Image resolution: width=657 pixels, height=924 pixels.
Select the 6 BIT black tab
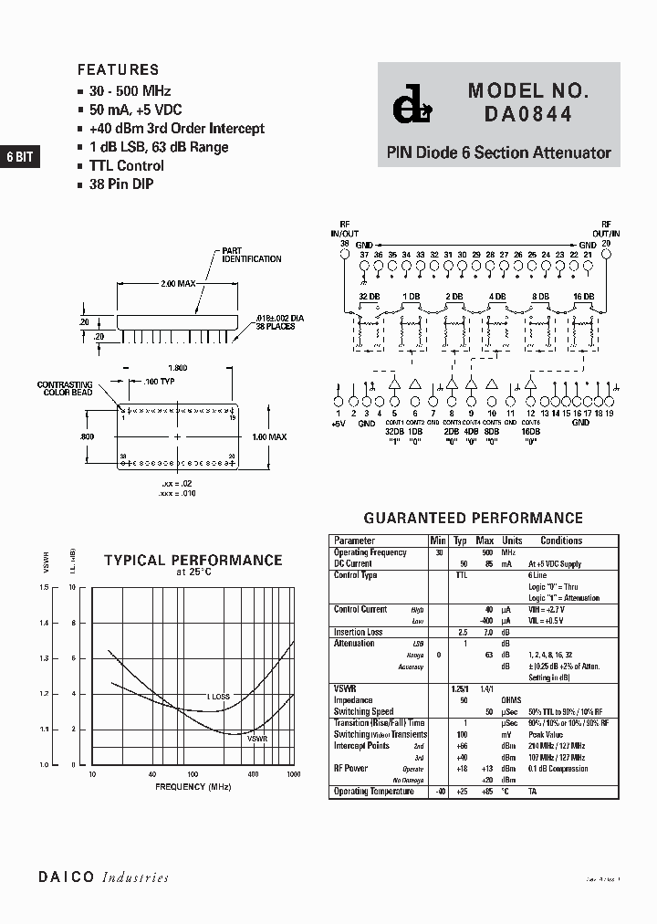[x=19, y=157]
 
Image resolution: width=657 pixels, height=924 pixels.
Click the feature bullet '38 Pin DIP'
[x=121, y=184]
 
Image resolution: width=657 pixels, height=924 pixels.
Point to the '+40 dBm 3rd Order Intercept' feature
[x=177, y=129]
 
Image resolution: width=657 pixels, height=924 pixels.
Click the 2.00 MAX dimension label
[x=178, y=284]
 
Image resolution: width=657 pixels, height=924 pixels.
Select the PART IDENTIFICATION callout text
[x=251, y=255]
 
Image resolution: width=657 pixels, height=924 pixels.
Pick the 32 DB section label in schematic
[x=369, y=297]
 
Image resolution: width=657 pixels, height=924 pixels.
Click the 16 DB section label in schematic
[x=584, y=297]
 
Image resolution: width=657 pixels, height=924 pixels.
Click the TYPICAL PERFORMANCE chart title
[x=193, y=561]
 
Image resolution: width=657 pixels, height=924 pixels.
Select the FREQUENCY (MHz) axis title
[x=193, y=786]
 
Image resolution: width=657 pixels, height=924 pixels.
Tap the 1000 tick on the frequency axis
[x=293, y=774]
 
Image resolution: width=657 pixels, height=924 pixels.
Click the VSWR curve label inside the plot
[x=256, y=736]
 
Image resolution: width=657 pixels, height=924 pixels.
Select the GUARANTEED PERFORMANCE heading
[x=473, y=518]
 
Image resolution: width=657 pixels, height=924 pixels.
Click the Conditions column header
[x=561, y=541]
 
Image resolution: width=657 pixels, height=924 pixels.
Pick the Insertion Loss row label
[x=358, y=632]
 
